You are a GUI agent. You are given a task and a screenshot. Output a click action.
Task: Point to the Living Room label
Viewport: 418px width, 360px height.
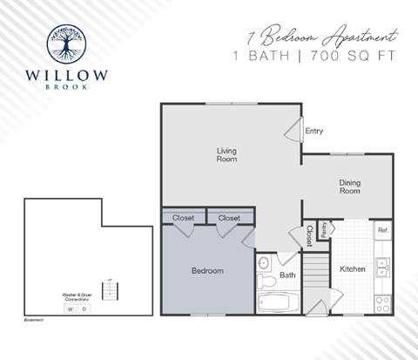[226, 154]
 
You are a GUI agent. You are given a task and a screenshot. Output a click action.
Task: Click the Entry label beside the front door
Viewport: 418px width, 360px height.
[314, 131]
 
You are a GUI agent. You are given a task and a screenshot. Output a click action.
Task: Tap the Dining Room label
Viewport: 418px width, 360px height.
[349, 186]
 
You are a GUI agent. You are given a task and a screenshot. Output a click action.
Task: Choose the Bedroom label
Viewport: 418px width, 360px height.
[207, 271]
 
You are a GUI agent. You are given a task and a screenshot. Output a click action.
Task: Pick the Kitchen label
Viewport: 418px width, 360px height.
[352, 269]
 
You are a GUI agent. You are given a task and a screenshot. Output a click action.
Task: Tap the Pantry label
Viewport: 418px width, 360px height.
[323, 230]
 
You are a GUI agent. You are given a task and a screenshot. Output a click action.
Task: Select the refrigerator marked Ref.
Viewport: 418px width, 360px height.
[382, 230]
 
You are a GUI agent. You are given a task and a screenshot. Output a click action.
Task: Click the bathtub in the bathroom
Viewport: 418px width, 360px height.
[279, 303]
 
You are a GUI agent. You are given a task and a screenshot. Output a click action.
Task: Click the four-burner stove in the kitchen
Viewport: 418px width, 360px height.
[382, 303]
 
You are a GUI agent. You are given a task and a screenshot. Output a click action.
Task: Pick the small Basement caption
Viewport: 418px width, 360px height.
[34, 321]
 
